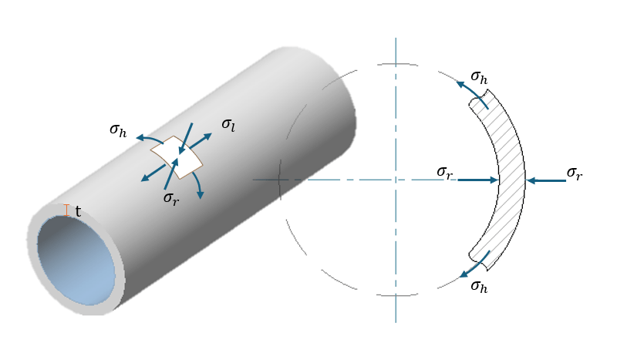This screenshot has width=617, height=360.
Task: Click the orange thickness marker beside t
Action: (66, 210)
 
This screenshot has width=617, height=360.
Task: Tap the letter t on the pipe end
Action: (78, 212)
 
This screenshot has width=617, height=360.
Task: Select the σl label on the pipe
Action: (228, 125)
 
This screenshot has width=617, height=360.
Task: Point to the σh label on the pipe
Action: (118, 130)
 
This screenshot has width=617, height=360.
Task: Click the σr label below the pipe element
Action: (171, 198)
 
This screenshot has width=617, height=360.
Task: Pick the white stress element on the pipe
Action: (177, 157)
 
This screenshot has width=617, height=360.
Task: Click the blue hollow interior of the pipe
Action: (76, 260)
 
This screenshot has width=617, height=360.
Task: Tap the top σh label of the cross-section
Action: (479, 78)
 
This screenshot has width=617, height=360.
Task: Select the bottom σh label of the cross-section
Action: (479, 287)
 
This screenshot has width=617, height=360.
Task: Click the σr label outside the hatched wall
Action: (575, 173)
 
